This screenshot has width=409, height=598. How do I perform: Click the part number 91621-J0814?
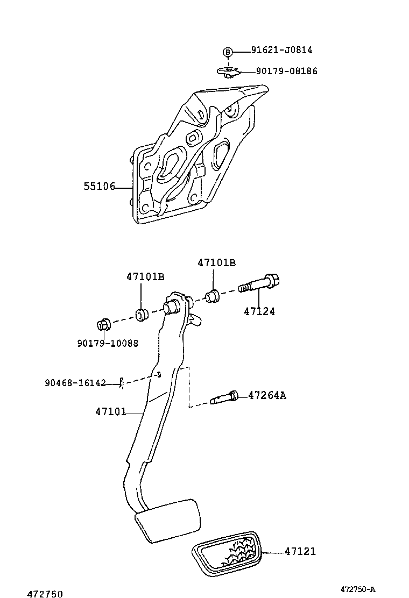point(281,51)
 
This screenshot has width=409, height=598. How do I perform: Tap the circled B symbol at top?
point(228,52)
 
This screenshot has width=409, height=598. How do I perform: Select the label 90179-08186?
point(286,71)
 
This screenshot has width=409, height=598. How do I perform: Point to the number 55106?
point(99,187)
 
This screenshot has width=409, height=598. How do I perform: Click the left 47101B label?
point(145,276)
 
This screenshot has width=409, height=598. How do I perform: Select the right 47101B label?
point(216,263)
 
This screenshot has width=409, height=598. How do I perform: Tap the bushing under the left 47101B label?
point(142,315)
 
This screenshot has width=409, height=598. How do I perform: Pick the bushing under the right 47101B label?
point(213,296)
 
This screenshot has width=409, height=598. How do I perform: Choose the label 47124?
point(259,311)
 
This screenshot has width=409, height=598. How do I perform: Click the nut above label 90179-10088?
point(103,325)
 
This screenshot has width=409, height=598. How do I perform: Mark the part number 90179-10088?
point(107,343)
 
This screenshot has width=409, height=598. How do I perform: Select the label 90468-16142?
point(75,383)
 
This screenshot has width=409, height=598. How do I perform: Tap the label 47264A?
point(267,396)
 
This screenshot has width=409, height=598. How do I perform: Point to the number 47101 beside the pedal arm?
point(110,412)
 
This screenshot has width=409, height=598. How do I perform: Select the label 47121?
point(300,551)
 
